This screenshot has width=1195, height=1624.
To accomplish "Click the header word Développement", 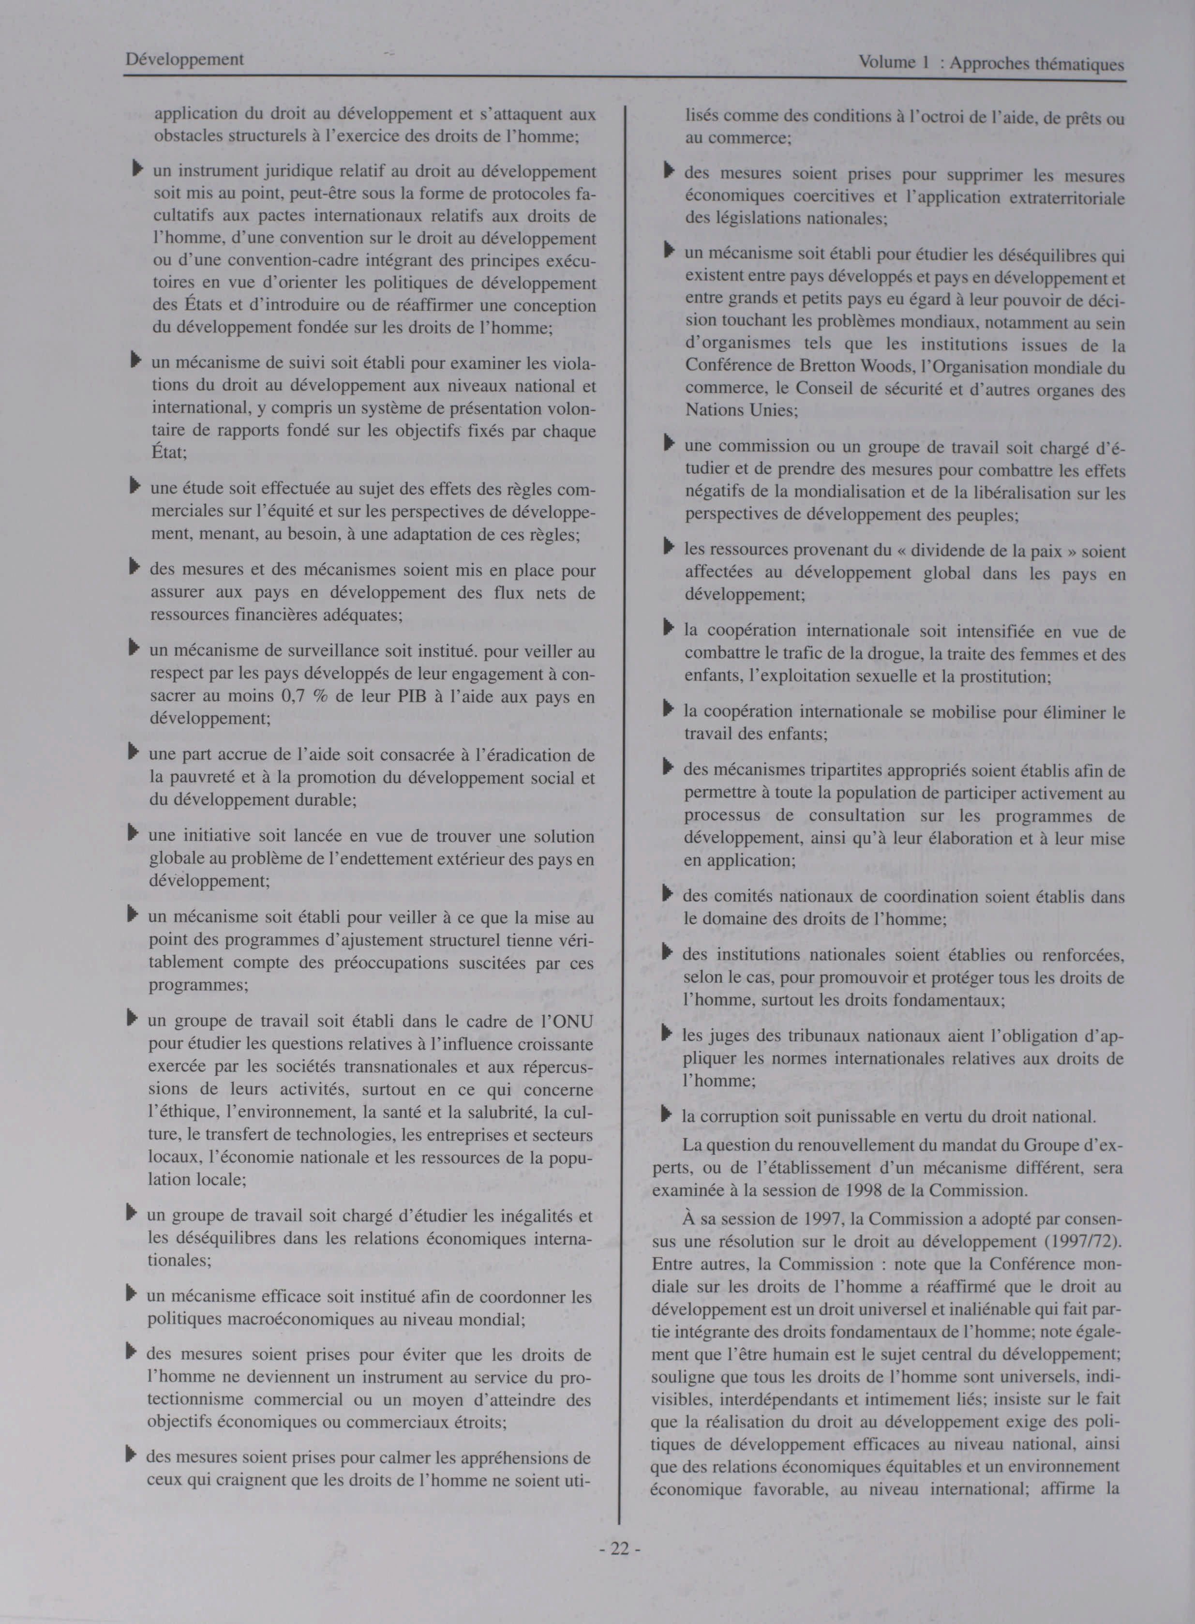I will pos(184,60).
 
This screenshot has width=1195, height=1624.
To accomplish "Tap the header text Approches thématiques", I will pos(1037,64).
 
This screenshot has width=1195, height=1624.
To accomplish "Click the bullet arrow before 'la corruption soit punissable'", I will pos(667,1115).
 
